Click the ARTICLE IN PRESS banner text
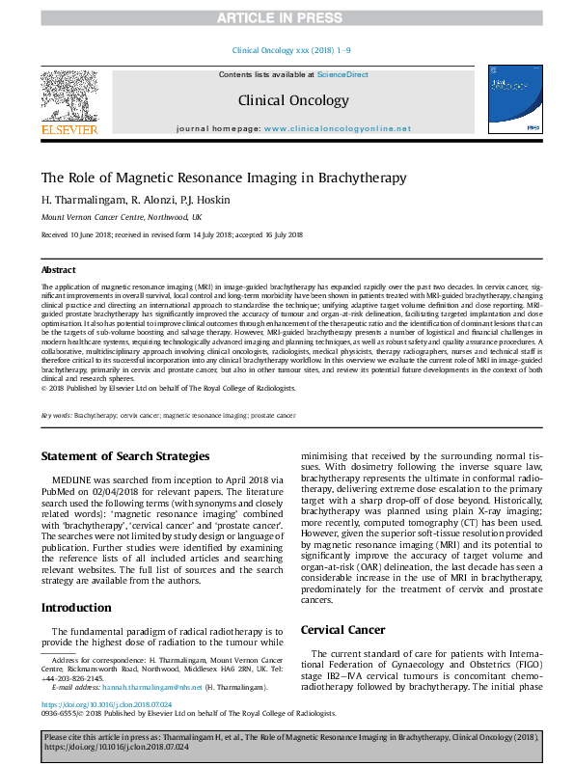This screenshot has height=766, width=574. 287,17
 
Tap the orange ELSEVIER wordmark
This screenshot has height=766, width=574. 68,129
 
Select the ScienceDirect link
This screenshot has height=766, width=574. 343,74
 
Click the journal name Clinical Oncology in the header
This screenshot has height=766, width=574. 287,99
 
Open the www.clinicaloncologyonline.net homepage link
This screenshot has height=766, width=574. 337,128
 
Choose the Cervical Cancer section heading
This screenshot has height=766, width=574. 343,630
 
